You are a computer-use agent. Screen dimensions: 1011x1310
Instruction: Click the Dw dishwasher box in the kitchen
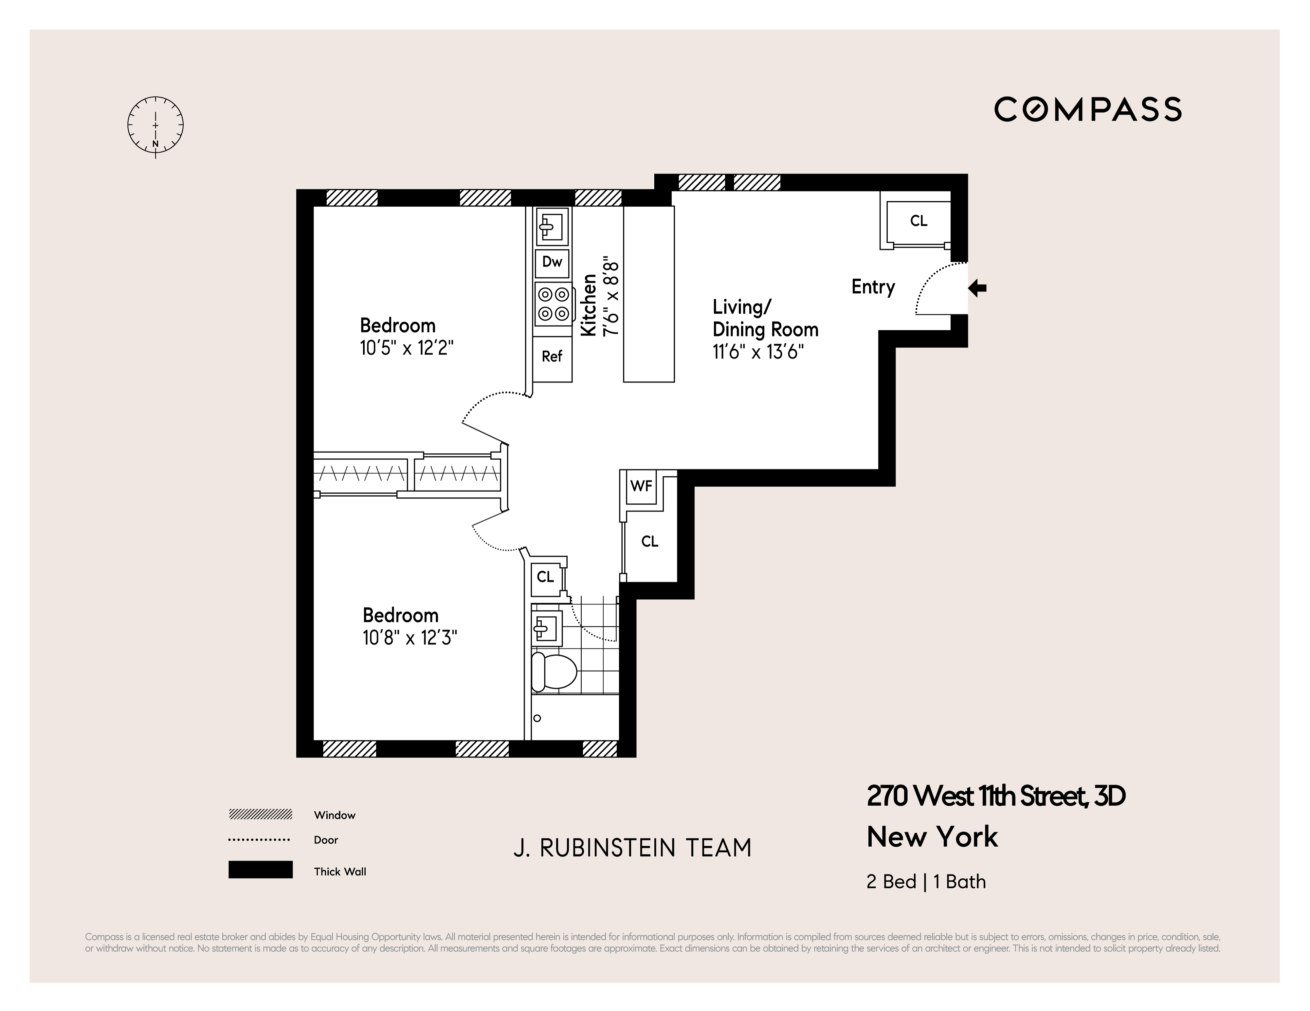click(552, 262)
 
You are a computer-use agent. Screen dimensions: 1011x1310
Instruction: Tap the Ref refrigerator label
click(552, 357)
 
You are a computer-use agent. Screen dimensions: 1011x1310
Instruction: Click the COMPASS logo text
click(1087, 110)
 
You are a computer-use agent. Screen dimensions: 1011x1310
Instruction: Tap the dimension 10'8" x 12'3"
click(410, 638)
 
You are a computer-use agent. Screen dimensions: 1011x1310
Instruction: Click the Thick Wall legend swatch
click(260, 870)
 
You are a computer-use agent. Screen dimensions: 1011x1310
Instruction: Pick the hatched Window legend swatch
click(260, 814)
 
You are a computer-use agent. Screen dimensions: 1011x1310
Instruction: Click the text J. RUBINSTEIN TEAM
click(632, 848)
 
